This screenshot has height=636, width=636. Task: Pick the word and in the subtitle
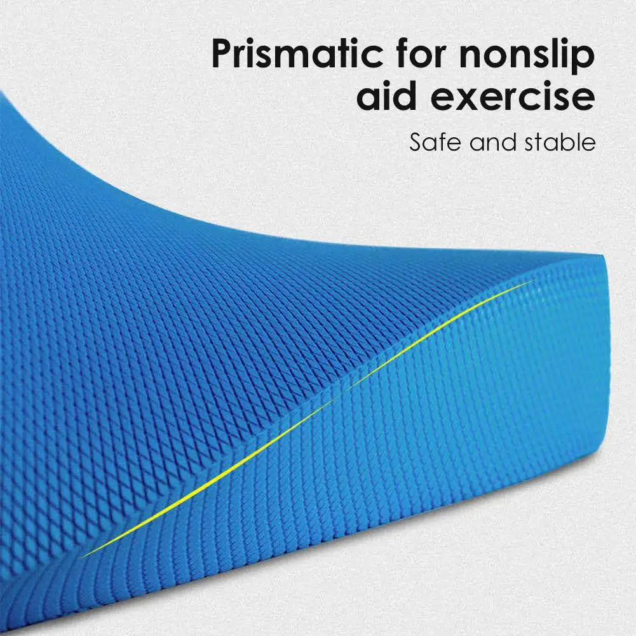coord(493,142)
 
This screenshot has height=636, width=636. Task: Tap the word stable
coord(560,142)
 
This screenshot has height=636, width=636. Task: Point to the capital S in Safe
coord(417,142)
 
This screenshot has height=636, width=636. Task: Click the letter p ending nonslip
coord(585,60)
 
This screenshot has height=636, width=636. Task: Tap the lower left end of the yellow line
coord(83,557)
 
